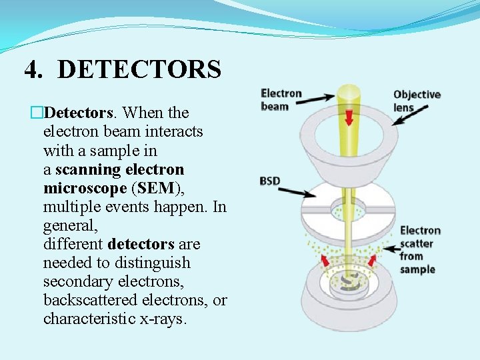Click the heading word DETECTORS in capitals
(139, 69)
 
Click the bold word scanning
(86, 169)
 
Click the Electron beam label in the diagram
(281, 100)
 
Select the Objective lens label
(416, 101)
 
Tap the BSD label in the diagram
(270, 181)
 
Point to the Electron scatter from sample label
(419, 250)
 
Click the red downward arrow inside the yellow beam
(349, 117)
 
